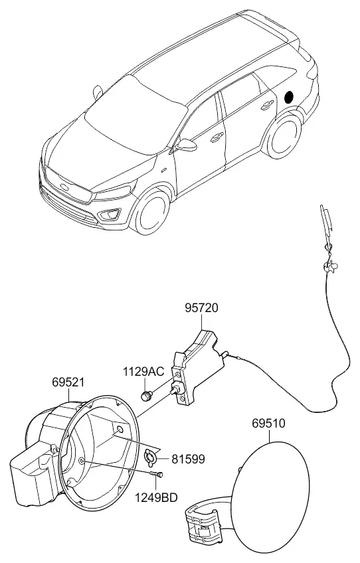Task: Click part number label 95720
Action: [x=201, y=308]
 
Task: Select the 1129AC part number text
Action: [x=143, y=372]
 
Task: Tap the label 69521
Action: [x=68, y=382]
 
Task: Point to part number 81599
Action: [x=188, y=459]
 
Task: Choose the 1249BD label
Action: [x=156, y=498]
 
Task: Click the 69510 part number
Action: [x=268, y=424]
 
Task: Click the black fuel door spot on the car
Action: [x=289, y=96]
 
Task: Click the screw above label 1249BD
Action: [x=157, y=475]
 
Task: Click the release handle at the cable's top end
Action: [x=327, y=222]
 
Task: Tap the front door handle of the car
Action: [x=217, y=137]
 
